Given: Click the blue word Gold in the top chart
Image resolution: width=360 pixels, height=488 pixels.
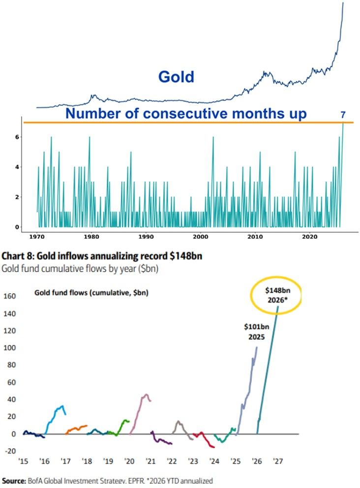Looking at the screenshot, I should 176,77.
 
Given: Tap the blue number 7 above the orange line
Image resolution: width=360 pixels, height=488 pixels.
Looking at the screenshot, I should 343,115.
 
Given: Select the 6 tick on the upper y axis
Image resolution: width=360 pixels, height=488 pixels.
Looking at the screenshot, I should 16,137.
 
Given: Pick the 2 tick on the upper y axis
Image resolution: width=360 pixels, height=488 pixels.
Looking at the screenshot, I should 16,197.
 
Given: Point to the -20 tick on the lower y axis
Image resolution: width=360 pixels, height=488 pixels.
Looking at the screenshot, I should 10,451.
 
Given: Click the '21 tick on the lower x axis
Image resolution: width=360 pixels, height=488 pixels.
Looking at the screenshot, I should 150,461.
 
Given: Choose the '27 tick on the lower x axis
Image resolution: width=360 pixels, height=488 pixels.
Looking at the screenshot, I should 278,461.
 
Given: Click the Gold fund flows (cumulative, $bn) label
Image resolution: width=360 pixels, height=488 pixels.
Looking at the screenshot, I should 91,293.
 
